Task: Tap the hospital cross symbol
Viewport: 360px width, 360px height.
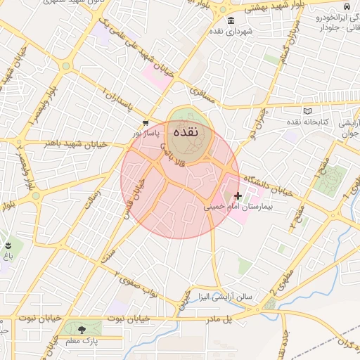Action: point(238,195)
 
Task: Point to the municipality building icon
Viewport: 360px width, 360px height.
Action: point(231,20)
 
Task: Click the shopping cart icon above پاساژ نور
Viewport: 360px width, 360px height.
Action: point(146,122)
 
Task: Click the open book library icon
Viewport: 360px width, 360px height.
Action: point(307,110)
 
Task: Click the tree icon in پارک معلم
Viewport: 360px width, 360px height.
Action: point(82,328)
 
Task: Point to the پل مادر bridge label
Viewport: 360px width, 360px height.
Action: point(217,320)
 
